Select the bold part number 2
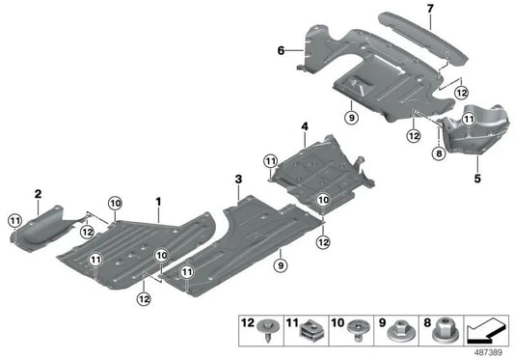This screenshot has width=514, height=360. pos(38,195)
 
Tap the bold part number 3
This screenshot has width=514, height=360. pos(237,180)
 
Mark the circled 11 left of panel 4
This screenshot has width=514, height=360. pos(270,160)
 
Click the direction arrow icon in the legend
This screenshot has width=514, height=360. pos(486,330)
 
